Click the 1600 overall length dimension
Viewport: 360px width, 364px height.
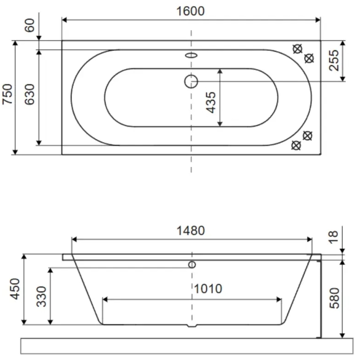point(191,11)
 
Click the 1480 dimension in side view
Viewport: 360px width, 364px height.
point(191,230)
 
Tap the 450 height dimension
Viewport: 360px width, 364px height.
point(15,289)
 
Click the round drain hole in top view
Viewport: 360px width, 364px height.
point(191,82)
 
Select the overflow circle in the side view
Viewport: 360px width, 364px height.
point(192,265)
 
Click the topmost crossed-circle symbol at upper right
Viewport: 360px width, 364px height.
point(298,49)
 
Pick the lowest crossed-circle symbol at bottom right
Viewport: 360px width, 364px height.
point(296,146)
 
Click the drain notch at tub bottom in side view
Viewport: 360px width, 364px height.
point(192,326)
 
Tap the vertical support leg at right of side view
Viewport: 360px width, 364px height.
point(320,298)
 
